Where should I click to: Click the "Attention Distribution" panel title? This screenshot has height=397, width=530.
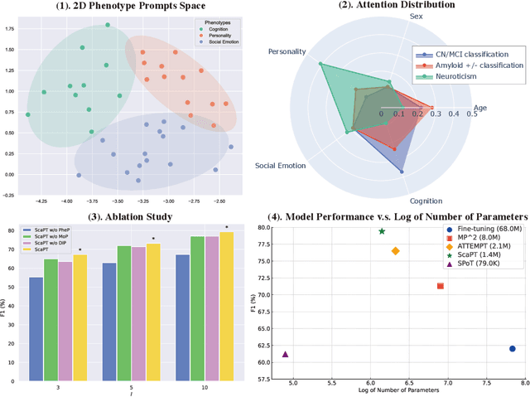[x=386, y=7]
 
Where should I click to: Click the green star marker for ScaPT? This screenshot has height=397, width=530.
[x=382, y=231]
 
